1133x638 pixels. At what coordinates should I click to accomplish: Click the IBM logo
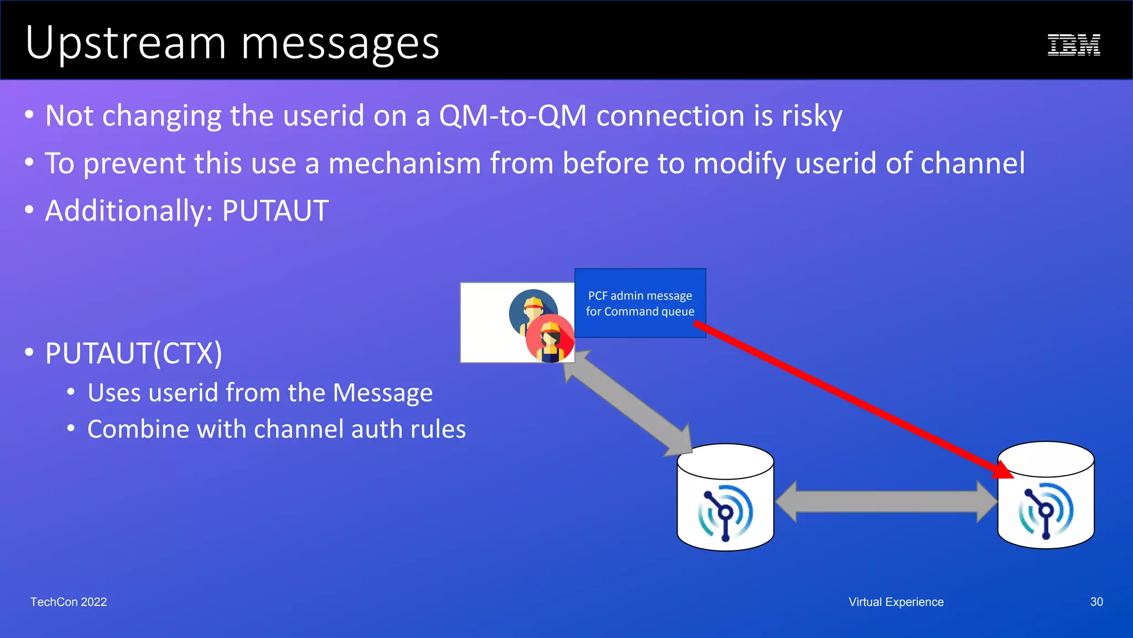point(1073,45)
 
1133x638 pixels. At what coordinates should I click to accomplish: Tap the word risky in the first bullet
point(812,116)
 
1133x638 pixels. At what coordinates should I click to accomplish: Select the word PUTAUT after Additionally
point(275,211)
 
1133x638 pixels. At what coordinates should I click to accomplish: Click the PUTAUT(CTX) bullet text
point(133,353)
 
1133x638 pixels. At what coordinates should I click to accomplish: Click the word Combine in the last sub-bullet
point(138,429)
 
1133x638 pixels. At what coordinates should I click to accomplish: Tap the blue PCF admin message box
point(640,303)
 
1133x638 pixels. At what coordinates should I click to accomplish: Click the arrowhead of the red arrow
point(1004,470)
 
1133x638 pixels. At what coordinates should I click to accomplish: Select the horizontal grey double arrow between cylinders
point(886,502)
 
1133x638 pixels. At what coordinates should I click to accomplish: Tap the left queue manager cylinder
point(725,498)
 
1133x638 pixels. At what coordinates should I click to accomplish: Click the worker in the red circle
point(550,339)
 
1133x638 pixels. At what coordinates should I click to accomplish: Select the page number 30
point(1096,602)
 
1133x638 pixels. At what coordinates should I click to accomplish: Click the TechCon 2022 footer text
point(69,602)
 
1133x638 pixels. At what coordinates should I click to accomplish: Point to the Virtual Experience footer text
point(896,602)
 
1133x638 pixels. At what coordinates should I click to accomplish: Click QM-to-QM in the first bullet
point(512,116)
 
